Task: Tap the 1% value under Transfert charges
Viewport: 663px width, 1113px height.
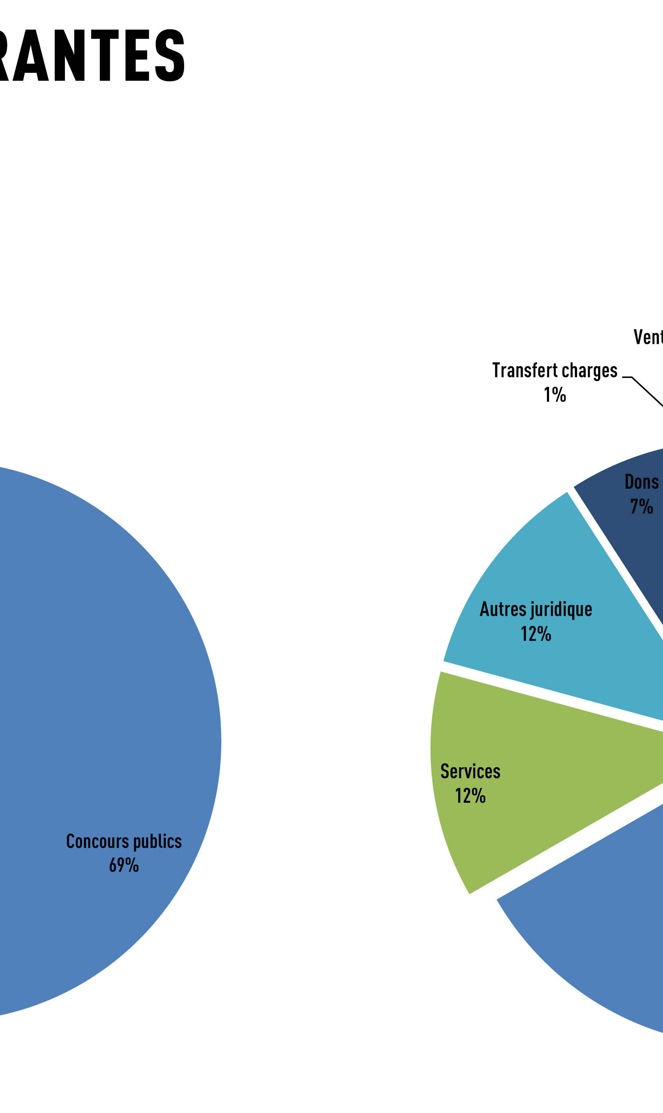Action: click(x=555, y=395)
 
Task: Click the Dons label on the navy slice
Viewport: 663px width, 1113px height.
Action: click(x=642, y=482)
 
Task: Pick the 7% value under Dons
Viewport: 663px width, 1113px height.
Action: click(x=642, y=506)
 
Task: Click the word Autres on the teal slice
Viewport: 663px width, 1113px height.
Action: click(x=503, y=609)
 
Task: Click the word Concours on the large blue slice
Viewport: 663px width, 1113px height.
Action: click(x=97, y=841)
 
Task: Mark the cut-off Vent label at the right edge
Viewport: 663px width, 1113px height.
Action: click(x=648, y=337)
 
